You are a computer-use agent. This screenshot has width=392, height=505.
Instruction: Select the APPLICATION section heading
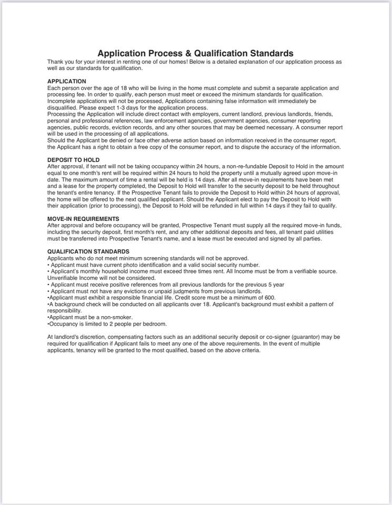tap(67, 81)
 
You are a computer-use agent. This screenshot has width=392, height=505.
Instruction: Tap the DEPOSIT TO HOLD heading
tap(73, 160)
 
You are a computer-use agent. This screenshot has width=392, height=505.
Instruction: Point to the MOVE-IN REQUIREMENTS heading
tap(83, 219)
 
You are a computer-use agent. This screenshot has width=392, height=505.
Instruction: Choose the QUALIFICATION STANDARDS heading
tap(88, 251)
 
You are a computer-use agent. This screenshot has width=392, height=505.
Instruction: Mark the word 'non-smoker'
tap(116, 317)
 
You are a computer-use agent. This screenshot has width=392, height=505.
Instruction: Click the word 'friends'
tap(323, 114)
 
